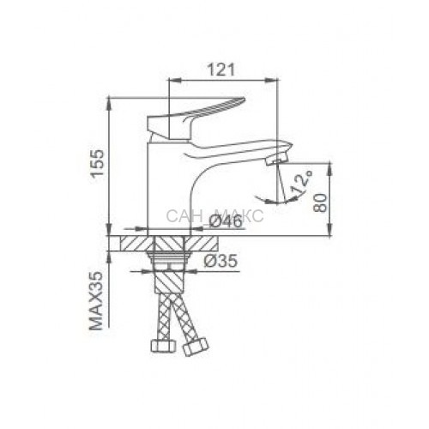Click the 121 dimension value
click(221, 70)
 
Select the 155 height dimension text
click(96, 164)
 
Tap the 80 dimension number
click(320, 202)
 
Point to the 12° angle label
click(301, 182)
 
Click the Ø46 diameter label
click(226, 221)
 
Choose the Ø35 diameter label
click(221, 261)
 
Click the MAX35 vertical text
click(96, 301)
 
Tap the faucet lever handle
click(196, 118)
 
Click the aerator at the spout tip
click(276, 158)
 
